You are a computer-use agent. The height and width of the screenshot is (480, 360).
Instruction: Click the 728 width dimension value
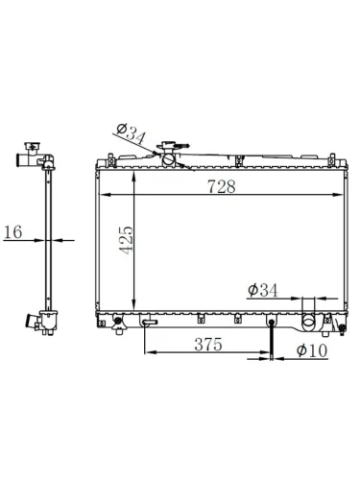pyautogui.click(x=222, y=186)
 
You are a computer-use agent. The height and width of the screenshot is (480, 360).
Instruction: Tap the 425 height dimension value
pyautogui.click(x=126, y=240)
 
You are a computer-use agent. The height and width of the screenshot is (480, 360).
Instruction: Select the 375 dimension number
pyautogui.click(x=208, y=345)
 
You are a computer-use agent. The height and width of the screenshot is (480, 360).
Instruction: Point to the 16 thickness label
pyautogui.click(x=13, y=231)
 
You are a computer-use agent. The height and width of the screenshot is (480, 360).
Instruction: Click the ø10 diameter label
pyautogui.click(x=312, y=350)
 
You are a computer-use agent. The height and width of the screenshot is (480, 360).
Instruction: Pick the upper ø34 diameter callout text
pyautogui.click(x=132, y=132)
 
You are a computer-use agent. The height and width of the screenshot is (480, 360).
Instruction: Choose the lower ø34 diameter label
pyautogui.click(x=263, y=290)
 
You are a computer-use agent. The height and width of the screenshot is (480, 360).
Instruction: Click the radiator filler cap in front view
pyautogui.click(x=169, y=147)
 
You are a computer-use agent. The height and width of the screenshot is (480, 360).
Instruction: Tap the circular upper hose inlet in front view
pyautogui.click(x=169, y=159)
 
